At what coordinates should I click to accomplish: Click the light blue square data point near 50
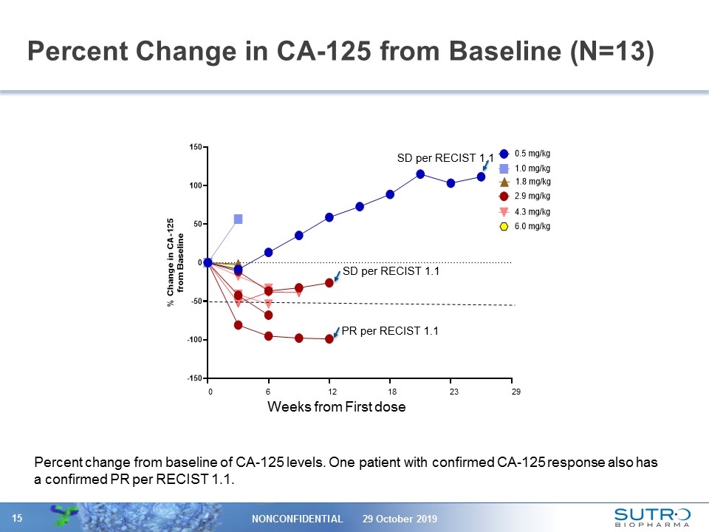pyautogui.click(x=238, y=219)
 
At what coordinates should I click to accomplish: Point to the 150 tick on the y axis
pyautogui.click(x=196, y=147)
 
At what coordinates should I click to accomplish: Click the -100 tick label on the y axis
pyautogui.click(x=194, y=340)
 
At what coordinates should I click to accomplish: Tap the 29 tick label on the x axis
pyautogui.click(x=516, y=392)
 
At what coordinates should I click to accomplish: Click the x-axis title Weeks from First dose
pyautogui.click(x=336, y=407)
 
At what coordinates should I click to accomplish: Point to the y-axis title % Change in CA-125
pyautogui.click(x=175, y=262)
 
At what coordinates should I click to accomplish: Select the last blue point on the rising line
pyautogui.click(x=481, y=177)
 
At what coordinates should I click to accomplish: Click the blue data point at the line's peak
pyautogui.click(x=420, y=174)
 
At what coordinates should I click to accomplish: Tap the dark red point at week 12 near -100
pyautogui.click(x=329, y=338)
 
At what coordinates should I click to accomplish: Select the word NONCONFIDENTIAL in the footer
pyautogui.click(x=298, y=519)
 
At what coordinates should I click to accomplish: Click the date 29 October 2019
pyautogui.click(x=400, y=519)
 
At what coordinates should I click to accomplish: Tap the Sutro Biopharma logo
pyautogui.click(x=652, y=517)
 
